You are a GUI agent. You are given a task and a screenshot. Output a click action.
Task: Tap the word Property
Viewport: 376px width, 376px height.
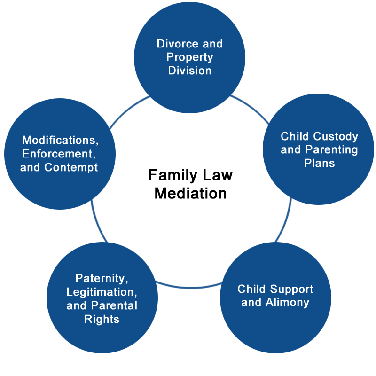pyautogui.click(x=190, y=57)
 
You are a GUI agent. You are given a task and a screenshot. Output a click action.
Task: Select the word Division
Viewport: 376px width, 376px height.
pyautogui.click(x=190, y=70)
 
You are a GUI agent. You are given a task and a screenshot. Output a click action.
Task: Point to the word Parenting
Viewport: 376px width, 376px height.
pyautogui.click(x=332, y=150)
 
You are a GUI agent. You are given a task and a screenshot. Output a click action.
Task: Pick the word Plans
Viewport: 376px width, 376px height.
pyautogui.click(x=320, y=163)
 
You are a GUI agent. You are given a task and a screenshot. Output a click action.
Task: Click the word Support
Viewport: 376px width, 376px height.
pyautogui.click(x=291, y=290)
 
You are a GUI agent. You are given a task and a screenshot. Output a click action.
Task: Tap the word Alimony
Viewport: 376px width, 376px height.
pyautogui.click(x=287, y=303)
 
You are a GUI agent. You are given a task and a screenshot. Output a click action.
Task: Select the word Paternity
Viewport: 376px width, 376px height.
pyautogui.click(x=102, y=278)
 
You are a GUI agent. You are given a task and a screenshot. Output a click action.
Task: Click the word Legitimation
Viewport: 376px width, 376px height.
pyautogui.click(x=102, y=292)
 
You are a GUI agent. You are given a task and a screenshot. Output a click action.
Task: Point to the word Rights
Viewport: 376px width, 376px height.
pyautogui.click(x=102, y=320)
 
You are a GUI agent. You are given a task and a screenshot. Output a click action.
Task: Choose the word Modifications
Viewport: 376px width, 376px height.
pyautogui.click(x=60, y=140)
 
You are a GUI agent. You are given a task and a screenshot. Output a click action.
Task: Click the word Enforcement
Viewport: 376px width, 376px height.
pyautogui.click(x=59, y=154)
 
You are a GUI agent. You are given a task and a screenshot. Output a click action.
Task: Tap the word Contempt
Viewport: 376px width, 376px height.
pyautogui.click(x=71, y=167)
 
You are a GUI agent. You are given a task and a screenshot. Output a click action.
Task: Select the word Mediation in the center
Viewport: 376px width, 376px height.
pyautogui.click(x=191, y=193)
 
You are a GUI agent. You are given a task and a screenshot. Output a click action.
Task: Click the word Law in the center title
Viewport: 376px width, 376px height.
pyautogui.click(x=218, y=175)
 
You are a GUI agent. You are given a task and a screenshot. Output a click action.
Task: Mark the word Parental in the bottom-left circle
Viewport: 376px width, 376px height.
pyautogui.click(x=114, y=306)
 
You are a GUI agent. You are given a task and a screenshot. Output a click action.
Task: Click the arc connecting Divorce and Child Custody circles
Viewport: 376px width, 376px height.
pyautogui.click(x=251, y=108)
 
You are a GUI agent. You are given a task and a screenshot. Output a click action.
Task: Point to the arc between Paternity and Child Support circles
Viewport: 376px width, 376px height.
pyautogui.click(x=189, y=287)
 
